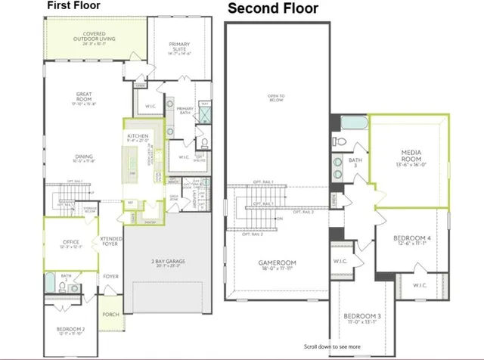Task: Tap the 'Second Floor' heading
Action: tap(273, 9)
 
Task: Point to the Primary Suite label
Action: tap(178, 47)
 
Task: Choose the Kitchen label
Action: tap(137, 135)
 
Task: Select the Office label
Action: tap(71, 244)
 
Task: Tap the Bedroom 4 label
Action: tap(412, 240)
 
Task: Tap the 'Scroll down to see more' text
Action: tap(333, 346)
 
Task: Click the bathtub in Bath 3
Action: tap(352, 123)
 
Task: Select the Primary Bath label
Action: tap(185, 110)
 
